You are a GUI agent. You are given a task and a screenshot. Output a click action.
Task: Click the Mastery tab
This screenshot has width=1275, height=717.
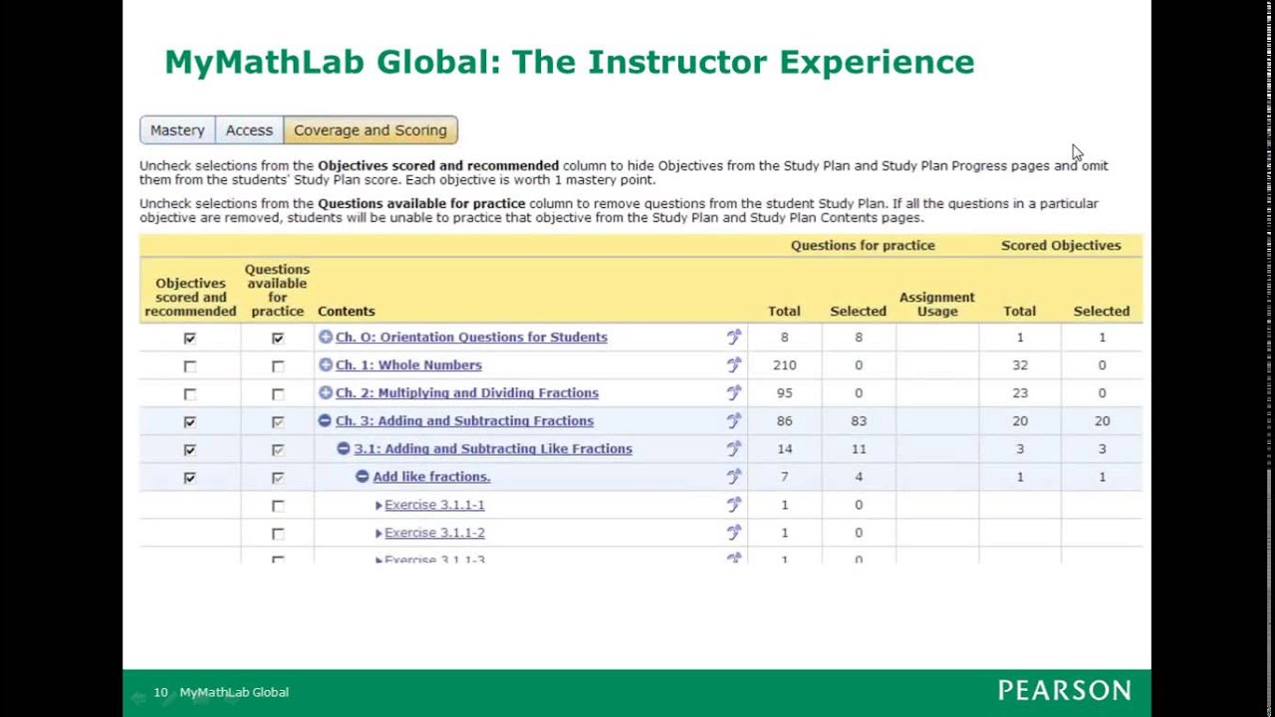click(x=177, y=130)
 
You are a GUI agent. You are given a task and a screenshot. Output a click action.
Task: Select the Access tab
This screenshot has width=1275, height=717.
click(x=249, y=130)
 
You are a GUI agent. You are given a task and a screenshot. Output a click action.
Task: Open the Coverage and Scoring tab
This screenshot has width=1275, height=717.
click(x=371, y=130)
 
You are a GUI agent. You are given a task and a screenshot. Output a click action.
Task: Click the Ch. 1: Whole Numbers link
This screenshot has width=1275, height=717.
click(x=408, y=365)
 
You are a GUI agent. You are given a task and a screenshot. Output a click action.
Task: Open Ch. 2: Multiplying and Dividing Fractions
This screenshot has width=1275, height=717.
click(x=466, y=393)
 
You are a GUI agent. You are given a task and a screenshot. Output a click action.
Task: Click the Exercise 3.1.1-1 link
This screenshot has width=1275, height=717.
click(x=434, y=505)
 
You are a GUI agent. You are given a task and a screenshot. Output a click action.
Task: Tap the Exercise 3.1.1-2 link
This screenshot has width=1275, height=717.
click(x=434, y=533)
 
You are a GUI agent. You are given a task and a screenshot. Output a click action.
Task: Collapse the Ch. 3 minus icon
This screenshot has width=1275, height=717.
click(x=325, y=421)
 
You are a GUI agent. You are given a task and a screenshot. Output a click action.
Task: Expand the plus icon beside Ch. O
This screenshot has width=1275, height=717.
click(x=325, y=338)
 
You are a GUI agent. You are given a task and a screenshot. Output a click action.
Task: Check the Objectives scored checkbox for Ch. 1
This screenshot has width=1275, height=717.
click(x=190, y=366)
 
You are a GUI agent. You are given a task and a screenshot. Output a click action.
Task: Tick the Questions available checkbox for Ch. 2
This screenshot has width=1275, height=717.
click(x=278, y=394)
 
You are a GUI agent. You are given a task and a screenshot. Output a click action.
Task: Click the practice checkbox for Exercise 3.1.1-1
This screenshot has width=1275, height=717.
click(x=278, y=506)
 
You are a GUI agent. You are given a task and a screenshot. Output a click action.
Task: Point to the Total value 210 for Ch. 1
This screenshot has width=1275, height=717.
click(x=784, y=365)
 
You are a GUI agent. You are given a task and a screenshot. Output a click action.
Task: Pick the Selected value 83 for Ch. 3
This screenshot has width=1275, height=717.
click(x=858, y=421)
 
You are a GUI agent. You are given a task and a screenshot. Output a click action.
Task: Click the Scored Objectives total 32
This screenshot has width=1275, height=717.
click(x=1019, y=365)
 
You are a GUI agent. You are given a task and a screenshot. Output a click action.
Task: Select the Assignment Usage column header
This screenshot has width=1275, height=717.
click(x=936, y=304)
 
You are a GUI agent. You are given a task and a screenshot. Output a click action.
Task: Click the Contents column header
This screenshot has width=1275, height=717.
click(x=346, y=312)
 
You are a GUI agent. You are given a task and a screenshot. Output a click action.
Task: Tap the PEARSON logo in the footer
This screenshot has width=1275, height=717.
click(x=1064, y=691)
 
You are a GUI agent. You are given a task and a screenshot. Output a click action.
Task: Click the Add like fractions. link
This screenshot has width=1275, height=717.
click(x=431, y=477)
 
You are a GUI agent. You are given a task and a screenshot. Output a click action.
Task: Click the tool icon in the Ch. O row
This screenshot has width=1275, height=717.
click(x=734, y=338)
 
